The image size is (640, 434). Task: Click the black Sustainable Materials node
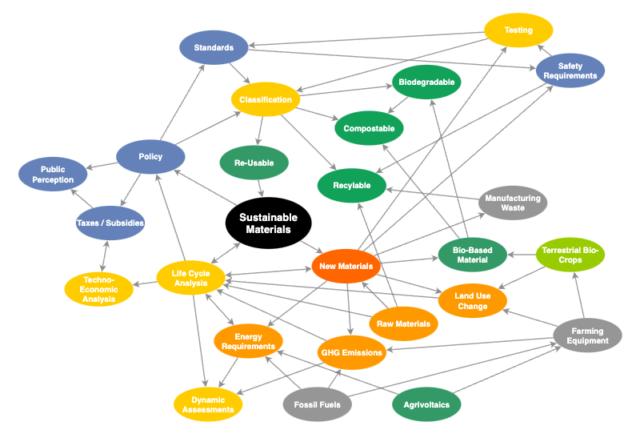pyautogui.click(x=268, y=223)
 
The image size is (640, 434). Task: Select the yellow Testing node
pyautogui.click(x=518, y=30)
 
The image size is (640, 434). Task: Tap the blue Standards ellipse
pyautogui.click(x=214, y=48)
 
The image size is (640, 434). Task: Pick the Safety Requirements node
pyautogui.click(x=570, y=70)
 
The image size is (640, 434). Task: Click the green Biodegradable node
pyautogui.click(x=426, y=82)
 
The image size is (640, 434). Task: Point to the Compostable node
pyautogui.click(x=369, y=128)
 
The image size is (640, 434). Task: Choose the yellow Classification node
pyautogui.click(x=266, y=99)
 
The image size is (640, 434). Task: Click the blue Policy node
pyautogui.click(x=150, y=157)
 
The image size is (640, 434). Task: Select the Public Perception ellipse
pyautogui.click(x=53, y=175)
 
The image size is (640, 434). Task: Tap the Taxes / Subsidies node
pyautogui.click(x=110, y=223)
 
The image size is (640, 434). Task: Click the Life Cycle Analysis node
pyautogui.click(x=190, y=278)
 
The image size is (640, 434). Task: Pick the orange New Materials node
pyautogui.click(x=346, y=266)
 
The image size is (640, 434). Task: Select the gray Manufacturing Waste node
pyautogui.click(x=513, y=203)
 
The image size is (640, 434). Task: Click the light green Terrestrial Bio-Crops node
pyautogui.click(x=570, y=255)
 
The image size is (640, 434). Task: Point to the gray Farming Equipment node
pyautogui.click(x=586, y=336)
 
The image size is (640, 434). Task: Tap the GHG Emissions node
pyautogui.click(x=351, y=352)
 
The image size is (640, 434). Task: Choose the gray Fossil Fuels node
pyautogui.click(x=318, y=404)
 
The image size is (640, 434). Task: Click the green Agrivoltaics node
pyautogui.click(x=426, y=404)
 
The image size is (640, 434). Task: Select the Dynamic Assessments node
pyautogui.click(x=208, y=404)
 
